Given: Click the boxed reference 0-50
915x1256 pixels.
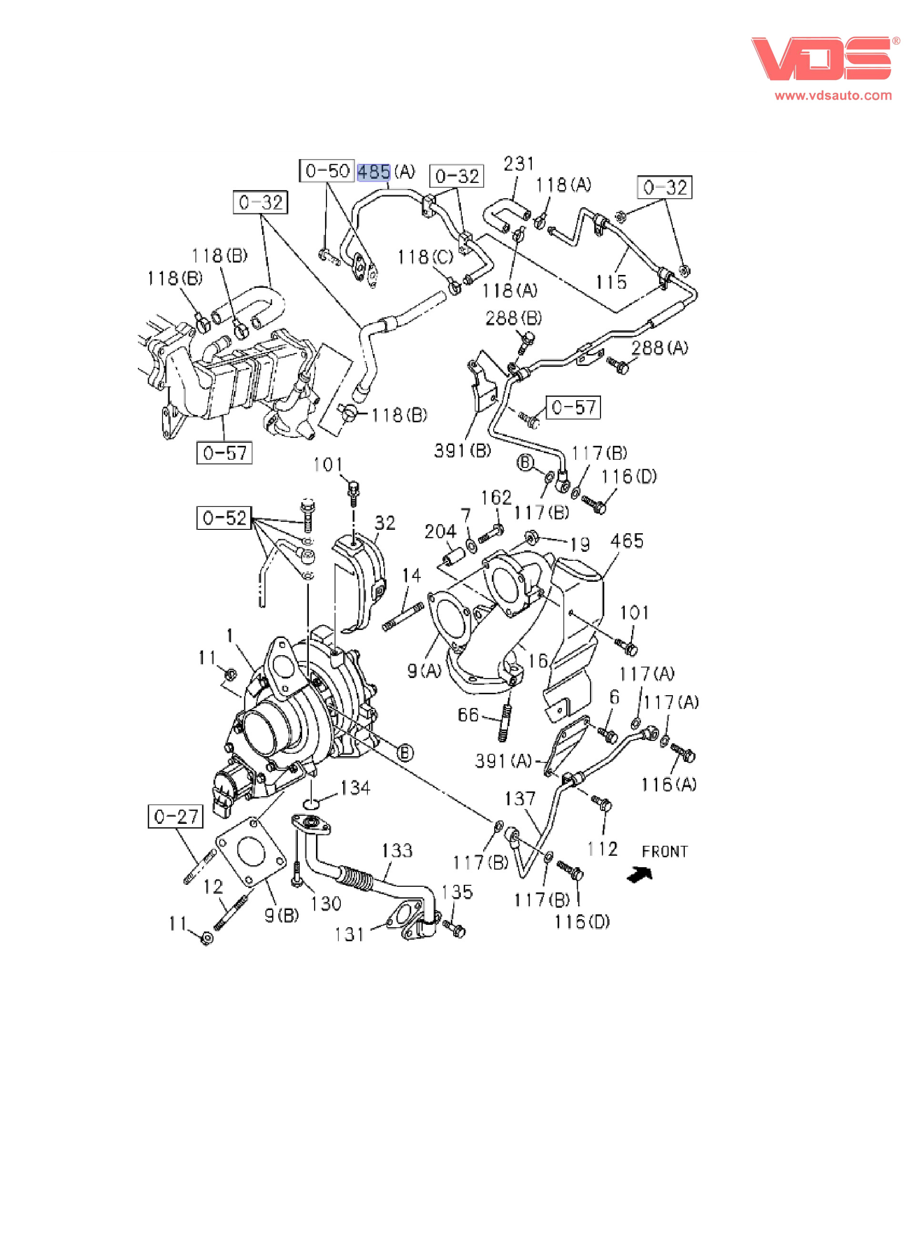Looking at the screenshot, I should point(327,171).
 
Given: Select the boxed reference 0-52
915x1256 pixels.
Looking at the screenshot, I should point(224,518).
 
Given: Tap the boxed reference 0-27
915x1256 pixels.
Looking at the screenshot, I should point(175,816).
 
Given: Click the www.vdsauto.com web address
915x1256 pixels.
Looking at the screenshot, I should point(833,96).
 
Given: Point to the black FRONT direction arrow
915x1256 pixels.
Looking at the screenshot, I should point(640,874).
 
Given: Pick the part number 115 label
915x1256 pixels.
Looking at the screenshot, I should point(611,282).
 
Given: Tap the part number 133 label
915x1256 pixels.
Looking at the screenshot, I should point(396,850).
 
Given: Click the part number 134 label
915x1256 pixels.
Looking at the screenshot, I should point(355,788).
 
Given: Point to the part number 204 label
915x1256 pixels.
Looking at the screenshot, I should point(440,532).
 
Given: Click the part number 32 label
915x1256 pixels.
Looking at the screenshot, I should point(385,523).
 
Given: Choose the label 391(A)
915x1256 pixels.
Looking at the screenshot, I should point(503,761).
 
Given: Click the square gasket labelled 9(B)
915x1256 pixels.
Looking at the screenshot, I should point(250,852).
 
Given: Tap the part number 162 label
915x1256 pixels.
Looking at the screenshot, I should point(496,497).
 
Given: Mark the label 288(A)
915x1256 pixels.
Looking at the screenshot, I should point(660,348).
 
